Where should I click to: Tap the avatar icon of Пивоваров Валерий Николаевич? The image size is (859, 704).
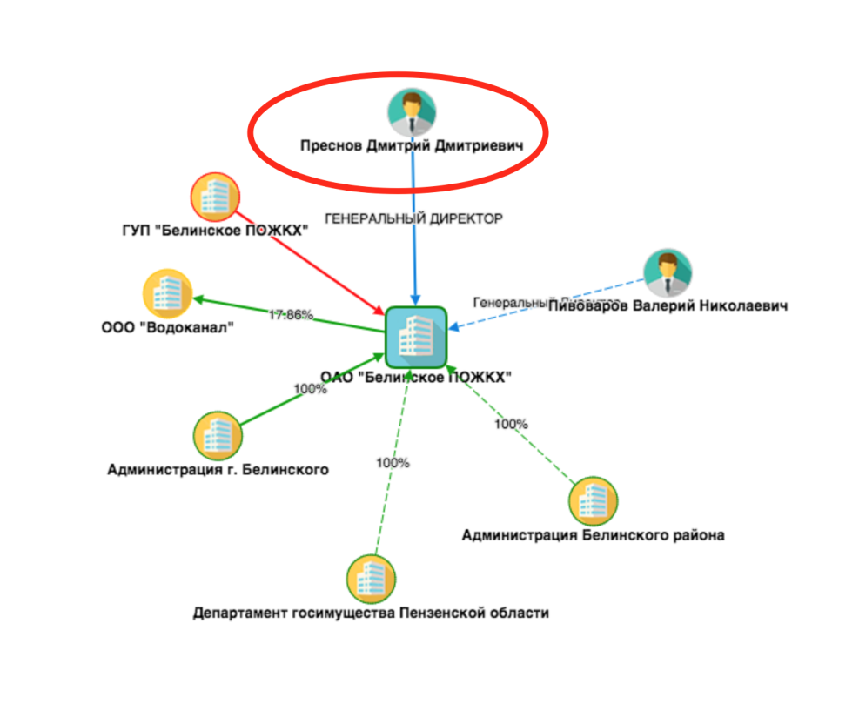pyautogui.click(x=668, y=273)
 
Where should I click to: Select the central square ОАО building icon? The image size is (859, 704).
pyautogui.click(x=416, y=335)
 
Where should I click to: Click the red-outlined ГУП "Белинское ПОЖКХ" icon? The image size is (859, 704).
pyautogui.click(x=215, y=198)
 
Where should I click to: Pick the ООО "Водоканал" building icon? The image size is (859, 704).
pyautogui.click(x=167, y=294)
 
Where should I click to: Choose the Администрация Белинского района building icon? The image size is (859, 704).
pyautogui.click(x=593, y=500)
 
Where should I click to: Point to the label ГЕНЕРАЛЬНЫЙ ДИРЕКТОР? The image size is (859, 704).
pyautogui.click(x=413, y=219)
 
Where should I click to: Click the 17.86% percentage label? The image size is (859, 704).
pyautogui.click(x=290, y=314)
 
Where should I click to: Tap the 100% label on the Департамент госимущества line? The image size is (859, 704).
pyautogui.click(x=393, y=463)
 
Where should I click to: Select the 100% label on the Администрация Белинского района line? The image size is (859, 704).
pyautogui.click(x=511, y=425)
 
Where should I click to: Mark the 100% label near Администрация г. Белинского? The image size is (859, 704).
pyautogui.click(x=310, y=389)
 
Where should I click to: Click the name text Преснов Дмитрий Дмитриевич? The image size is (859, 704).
pyautogui.click(x=412, y=148)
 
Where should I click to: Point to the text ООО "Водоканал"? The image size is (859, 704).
pyautogui.click(x=167, y=328)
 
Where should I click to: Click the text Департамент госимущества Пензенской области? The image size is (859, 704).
pyautogui.click(x=371, y=613)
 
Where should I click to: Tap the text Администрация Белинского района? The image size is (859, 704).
pyautogui.click(x=593, y=535)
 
